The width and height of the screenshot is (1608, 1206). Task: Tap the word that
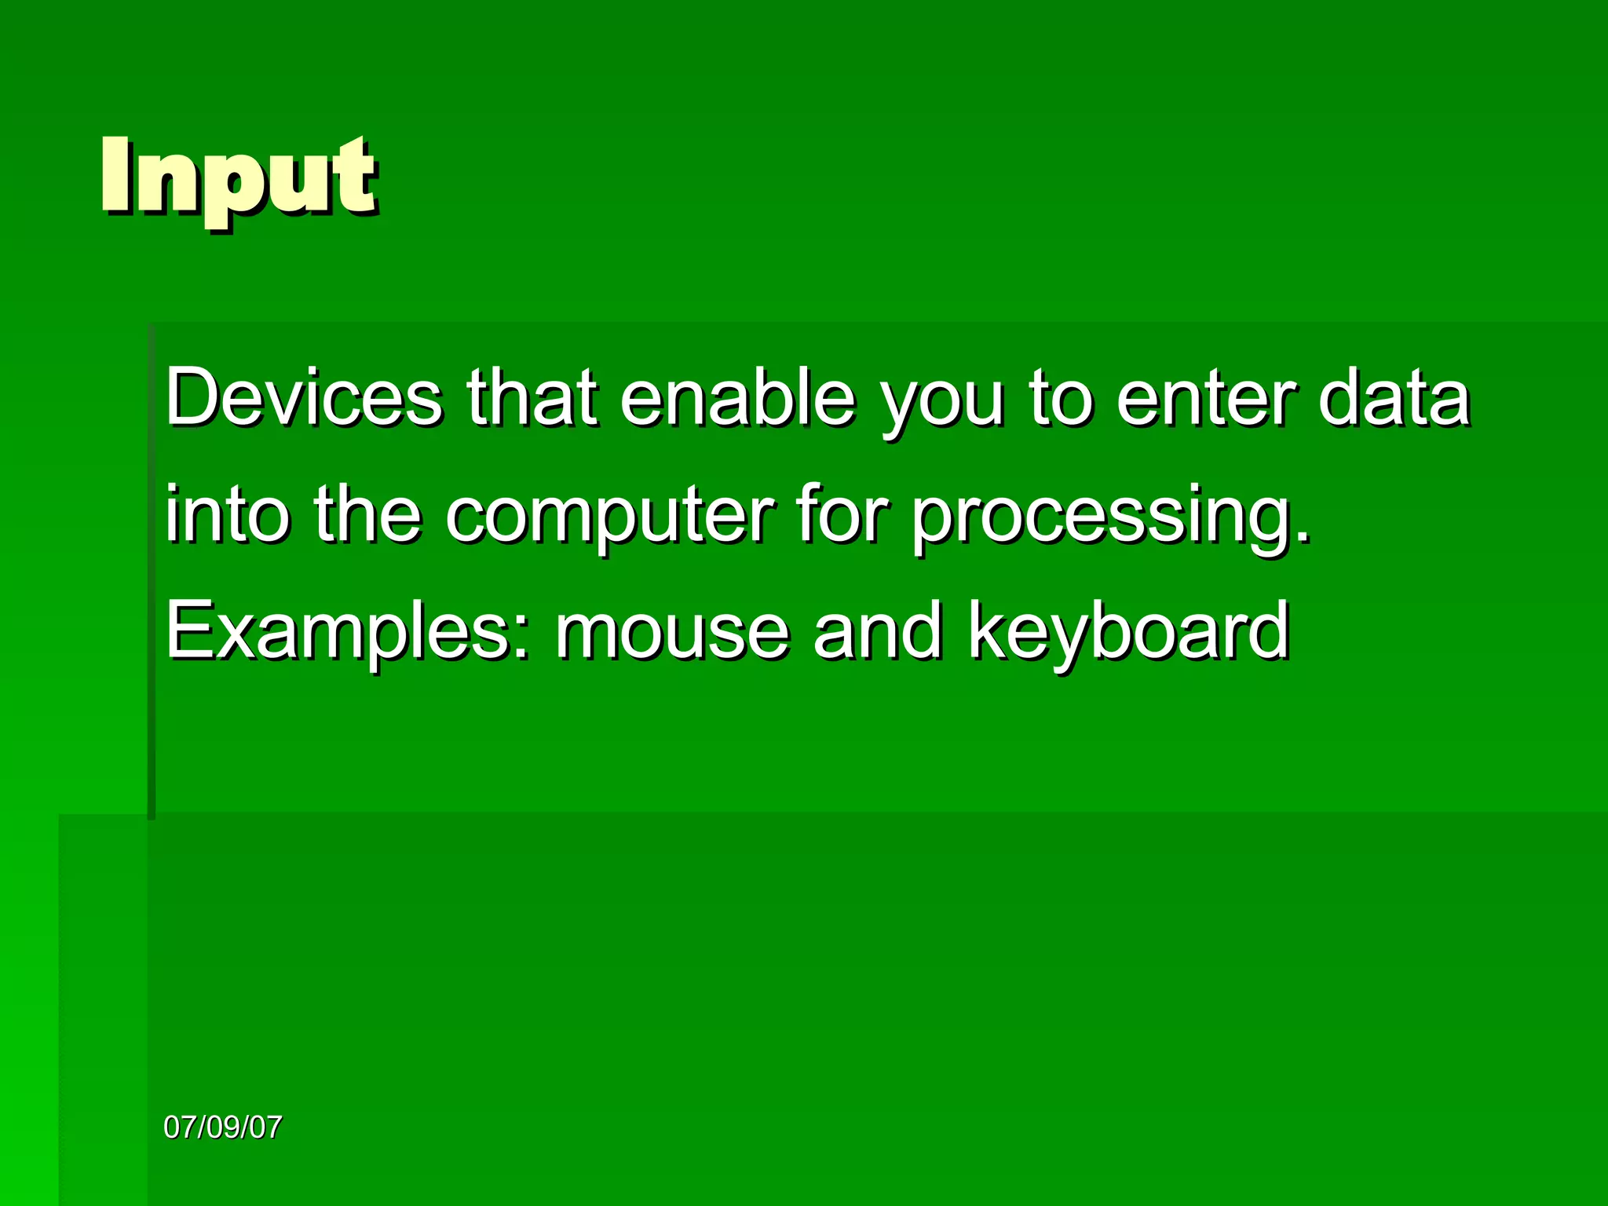[532, 398]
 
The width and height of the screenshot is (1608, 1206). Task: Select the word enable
[736, 398]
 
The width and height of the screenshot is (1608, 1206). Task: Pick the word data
[1393, 398]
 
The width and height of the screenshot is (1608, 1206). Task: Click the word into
[227, 515]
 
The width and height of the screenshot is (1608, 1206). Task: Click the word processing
[1099, 520]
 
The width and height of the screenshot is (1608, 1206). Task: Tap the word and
[876, 631]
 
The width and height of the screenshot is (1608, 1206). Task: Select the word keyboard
[1128, 634]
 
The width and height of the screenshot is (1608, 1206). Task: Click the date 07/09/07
[222, 1127]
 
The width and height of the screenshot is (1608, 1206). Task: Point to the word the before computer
[367, 515]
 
